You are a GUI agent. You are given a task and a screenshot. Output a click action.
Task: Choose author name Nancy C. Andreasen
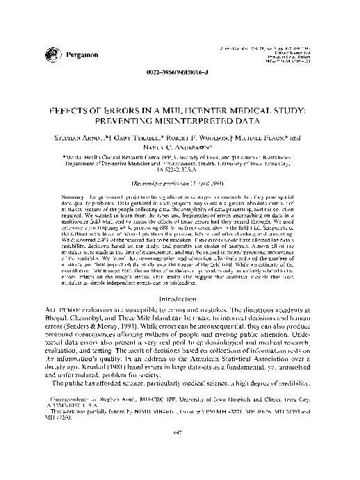point(179,148)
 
